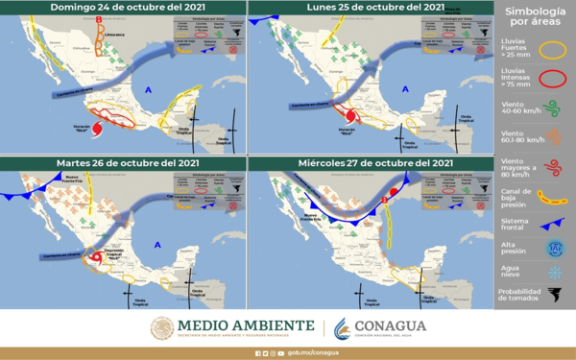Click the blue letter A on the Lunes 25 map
[405, 89]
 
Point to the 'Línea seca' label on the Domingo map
[116, 36]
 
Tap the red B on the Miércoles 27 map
[385, 200]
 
